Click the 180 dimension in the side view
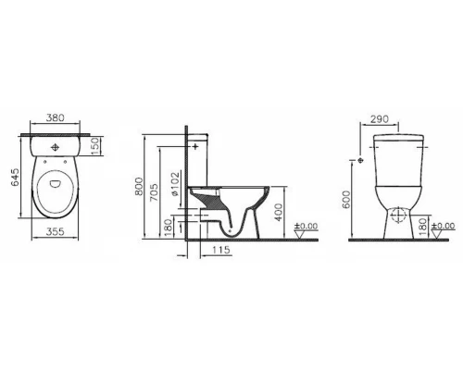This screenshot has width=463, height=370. click(168, 225)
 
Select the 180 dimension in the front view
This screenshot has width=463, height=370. click(424, 225)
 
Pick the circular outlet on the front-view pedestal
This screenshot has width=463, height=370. click(397, 219)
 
